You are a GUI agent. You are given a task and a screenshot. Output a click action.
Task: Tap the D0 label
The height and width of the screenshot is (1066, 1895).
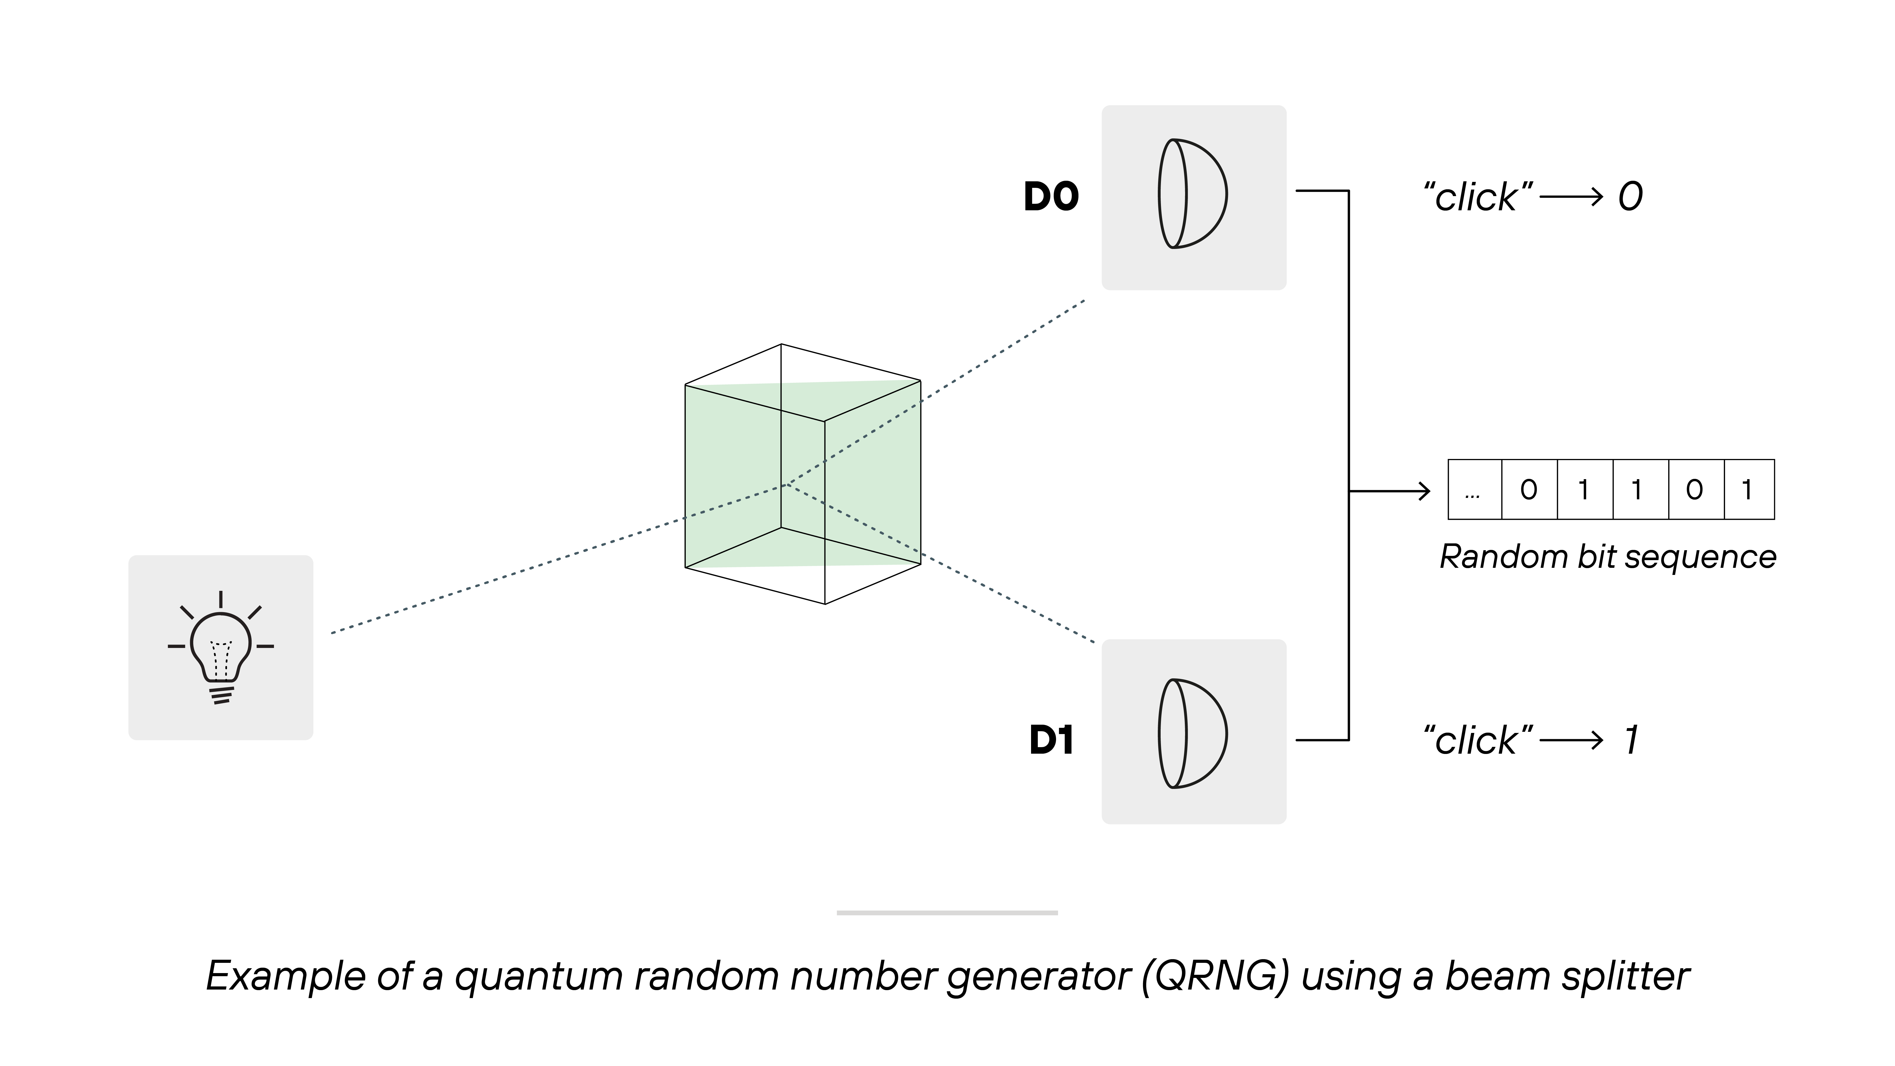click(x=1050, y=197)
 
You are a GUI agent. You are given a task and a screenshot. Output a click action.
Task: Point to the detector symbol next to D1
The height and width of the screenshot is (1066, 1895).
click(x=1192, y=733)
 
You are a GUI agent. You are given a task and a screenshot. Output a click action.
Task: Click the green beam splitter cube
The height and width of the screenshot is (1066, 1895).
click(x=802, y=475)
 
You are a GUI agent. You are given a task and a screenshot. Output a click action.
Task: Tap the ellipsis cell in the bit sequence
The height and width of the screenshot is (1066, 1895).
click(x=1474, y=490)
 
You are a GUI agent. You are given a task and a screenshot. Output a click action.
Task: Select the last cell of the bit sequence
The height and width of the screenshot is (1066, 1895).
click(x=1749, y=490)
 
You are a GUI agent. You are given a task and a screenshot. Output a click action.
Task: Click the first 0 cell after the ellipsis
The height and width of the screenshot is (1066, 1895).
click(x=1529, y=490)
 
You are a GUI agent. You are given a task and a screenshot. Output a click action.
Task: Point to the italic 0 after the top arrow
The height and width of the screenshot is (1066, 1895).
click(x=1630, y=197)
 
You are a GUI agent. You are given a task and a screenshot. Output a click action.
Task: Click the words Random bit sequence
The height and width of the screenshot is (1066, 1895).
click(x=1607, y=557)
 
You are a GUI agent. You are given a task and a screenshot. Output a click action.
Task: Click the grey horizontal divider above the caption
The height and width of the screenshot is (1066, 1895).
click(x=947, y=913)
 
